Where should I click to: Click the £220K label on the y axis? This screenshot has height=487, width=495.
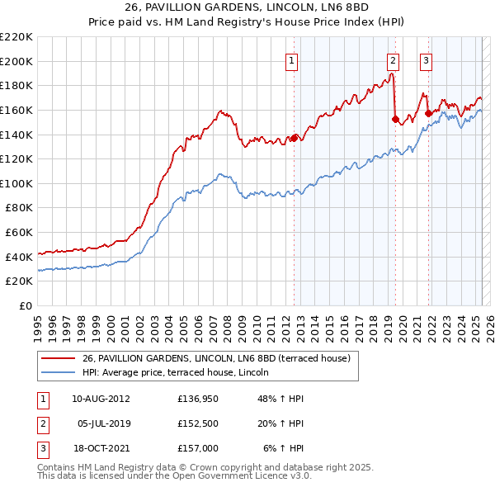pos(16,37)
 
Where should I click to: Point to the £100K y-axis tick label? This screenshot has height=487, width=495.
pos(16,183)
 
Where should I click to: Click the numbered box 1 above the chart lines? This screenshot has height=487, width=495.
pos(293,59)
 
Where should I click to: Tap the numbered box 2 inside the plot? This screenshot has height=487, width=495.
pos(393,59)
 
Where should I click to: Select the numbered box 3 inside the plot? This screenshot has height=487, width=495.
pos(426,59)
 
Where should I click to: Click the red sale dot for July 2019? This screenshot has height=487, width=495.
pos(394,119)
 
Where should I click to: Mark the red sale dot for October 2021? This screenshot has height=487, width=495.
pos(428,114)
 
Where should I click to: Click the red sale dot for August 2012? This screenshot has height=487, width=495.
pos(294,138)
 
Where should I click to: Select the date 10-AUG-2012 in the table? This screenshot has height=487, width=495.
pos(101,398)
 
